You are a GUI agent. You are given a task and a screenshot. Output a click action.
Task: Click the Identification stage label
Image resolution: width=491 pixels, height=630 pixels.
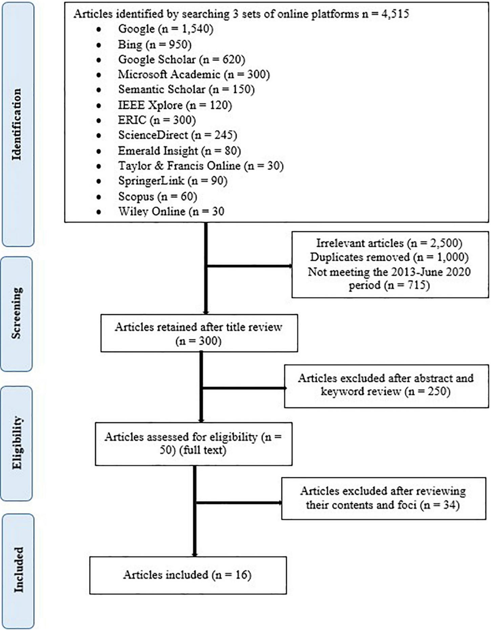(17, 124)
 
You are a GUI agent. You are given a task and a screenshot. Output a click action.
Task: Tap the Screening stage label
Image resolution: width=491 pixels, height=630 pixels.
(17, 313)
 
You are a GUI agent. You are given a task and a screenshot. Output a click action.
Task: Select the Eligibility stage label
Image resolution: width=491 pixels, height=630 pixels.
(17, 443)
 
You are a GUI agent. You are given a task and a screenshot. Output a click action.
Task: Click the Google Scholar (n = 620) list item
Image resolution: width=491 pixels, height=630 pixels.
(181, 60)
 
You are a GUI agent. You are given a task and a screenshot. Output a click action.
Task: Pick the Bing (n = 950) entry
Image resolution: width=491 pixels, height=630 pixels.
(154, 44)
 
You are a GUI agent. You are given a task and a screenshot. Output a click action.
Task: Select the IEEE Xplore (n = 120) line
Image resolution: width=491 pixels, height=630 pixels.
(175, 105)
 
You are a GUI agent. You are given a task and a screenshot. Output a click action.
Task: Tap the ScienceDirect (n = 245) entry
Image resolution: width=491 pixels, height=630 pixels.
(177, 135)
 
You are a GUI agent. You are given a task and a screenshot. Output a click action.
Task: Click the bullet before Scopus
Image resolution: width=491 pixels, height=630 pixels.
(99, 197)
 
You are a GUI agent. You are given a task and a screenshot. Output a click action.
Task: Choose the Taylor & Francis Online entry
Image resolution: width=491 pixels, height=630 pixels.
(200, 166)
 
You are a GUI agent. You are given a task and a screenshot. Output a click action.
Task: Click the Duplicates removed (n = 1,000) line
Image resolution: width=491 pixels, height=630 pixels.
(389, 257)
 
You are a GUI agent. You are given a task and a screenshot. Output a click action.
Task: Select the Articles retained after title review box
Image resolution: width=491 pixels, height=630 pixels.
(199, 333)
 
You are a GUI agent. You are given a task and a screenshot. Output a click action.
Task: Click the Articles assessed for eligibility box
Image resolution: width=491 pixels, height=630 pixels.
(193, 443)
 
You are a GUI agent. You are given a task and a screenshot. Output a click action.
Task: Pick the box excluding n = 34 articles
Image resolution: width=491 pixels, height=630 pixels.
(383, 498)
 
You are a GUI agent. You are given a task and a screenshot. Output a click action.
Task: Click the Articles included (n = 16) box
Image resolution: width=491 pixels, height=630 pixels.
(188, 575)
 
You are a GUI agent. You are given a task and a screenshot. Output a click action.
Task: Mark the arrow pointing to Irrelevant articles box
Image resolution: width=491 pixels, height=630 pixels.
(249, 266)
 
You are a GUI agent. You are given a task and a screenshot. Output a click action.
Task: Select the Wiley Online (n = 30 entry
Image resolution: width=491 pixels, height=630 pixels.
(171, 212)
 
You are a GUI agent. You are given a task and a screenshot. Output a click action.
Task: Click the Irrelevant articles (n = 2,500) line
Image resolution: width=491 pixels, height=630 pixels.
(389, 243)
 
